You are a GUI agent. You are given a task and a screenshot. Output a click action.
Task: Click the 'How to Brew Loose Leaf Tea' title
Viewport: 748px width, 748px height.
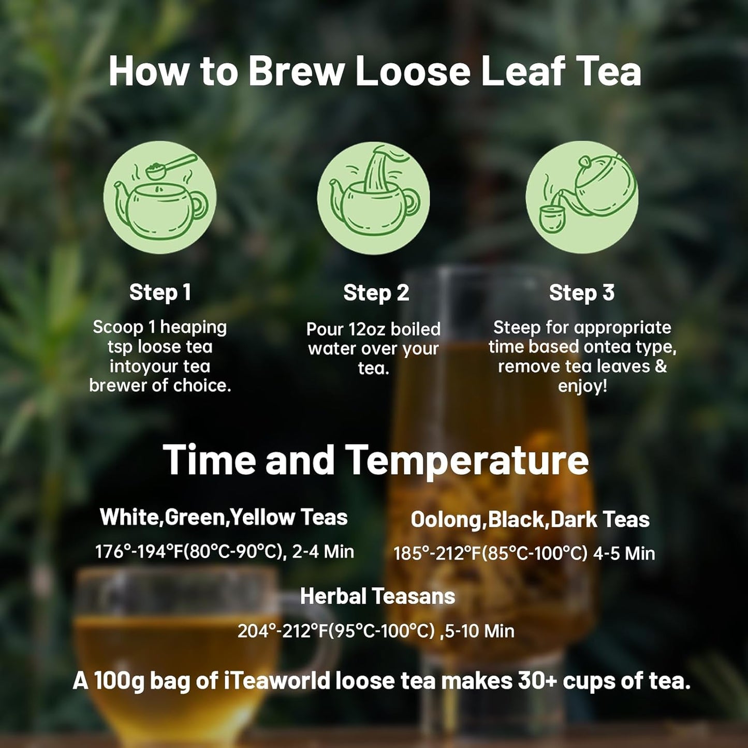(x=374, y=71)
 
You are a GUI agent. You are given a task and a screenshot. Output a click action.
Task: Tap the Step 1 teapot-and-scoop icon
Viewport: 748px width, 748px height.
(x=160, y=197)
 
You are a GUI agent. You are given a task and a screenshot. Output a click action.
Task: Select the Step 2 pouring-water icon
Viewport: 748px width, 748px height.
(x=373, y=197)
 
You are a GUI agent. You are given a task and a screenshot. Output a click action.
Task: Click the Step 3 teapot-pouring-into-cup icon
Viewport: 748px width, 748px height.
(x=582, y=197)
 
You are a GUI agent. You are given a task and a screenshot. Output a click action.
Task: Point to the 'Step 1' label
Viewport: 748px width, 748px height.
(x=160, y=292)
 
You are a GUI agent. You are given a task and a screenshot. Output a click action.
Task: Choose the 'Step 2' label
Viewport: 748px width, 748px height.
(x=376, y=293)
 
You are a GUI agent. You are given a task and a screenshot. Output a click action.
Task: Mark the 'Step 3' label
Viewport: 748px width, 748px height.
(x=581, y=293)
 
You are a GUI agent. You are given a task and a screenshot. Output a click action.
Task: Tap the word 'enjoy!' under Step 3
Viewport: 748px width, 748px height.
(x=582, y=386)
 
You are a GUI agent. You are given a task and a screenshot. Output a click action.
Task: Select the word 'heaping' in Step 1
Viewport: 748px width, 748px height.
(x=193, y=327)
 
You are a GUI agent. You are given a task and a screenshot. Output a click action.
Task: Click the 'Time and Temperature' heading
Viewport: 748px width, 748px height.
(x=375, y=460)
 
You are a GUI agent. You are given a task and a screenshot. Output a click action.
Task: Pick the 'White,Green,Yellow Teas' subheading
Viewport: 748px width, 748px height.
(x=224, y=517)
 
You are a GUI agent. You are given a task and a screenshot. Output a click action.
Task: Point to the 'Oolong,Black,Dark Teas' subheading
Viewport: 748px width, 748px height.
(x=530, y=520)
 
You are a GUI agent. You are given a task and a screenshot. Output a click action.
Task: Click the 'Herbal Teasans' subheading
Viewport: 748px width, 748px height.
(x=377, y=596)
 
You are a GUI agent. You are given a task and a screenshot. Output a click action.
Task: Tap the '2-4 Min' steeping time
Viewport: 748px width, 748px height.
(x=323, y=552)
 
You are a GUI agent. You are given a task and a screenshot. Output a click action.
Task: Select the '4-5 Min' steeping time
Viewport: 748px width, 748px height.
(x=624, y=554)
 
